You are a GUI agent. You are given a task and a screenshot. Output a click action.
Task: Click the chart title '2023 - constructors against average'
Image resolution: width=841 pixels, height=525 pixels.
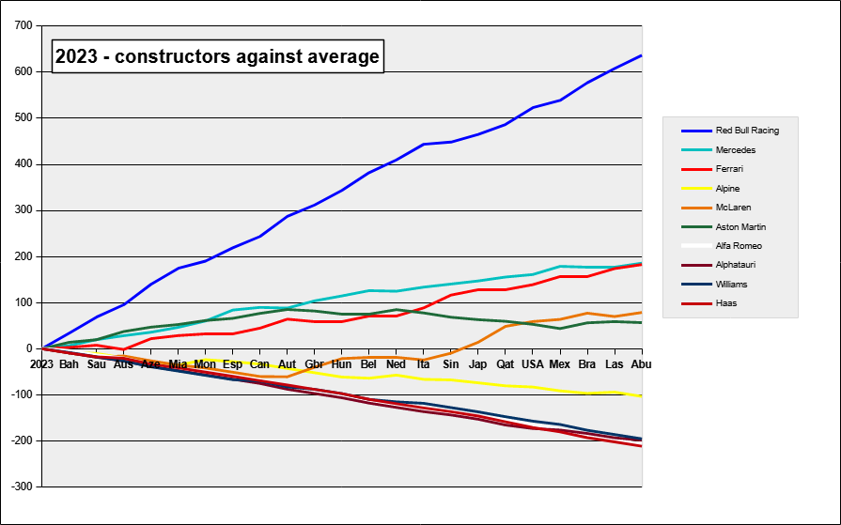click(217, 57)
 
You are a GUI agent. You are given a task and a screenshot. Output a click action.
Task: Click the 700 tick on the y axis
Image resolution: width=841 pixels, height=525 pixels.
click(23, 25)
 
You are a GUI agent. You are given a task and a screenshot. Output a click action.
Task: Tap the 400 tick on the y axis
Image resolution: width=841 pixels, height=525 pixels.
click(23, 164)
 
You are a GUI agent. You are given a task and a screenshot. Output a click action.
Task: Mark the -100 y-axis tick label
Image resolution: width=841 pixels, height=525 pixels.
click(21, 394)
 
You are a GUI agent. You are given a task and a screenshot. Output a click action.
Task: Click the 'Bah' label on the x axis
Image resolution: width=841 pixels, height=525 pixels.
click(70, 363)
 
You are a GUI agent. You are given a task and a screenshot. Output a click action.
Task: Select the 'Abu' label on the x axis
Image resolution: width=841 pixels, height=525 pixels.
click(642, 363)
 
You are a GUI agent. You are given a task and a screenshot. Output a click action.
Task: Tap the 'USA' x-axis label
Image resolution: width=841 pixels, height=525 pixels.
click(533, 363)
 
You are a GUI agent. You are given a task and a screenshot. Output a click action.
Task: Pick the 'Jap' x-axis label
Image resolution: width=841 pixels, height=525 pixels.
click(478, 363)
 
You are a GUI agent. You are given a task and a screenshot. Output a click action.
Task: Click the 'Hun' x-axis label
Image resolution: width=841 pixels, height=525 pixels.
click(342, 363)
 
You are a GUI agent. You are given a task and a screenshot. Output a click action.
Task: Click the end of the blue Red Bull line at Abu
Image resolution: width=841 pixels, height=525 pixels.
click(642, 55)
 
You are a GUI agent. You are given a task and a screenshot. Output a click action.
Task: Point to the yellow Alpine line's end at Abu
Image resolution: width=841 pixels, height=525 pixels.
click(642, 396)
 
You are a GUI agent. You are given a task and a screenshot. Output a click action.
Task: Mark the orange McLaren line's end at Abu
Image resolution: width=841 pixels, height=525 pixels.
click(642, 312)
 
